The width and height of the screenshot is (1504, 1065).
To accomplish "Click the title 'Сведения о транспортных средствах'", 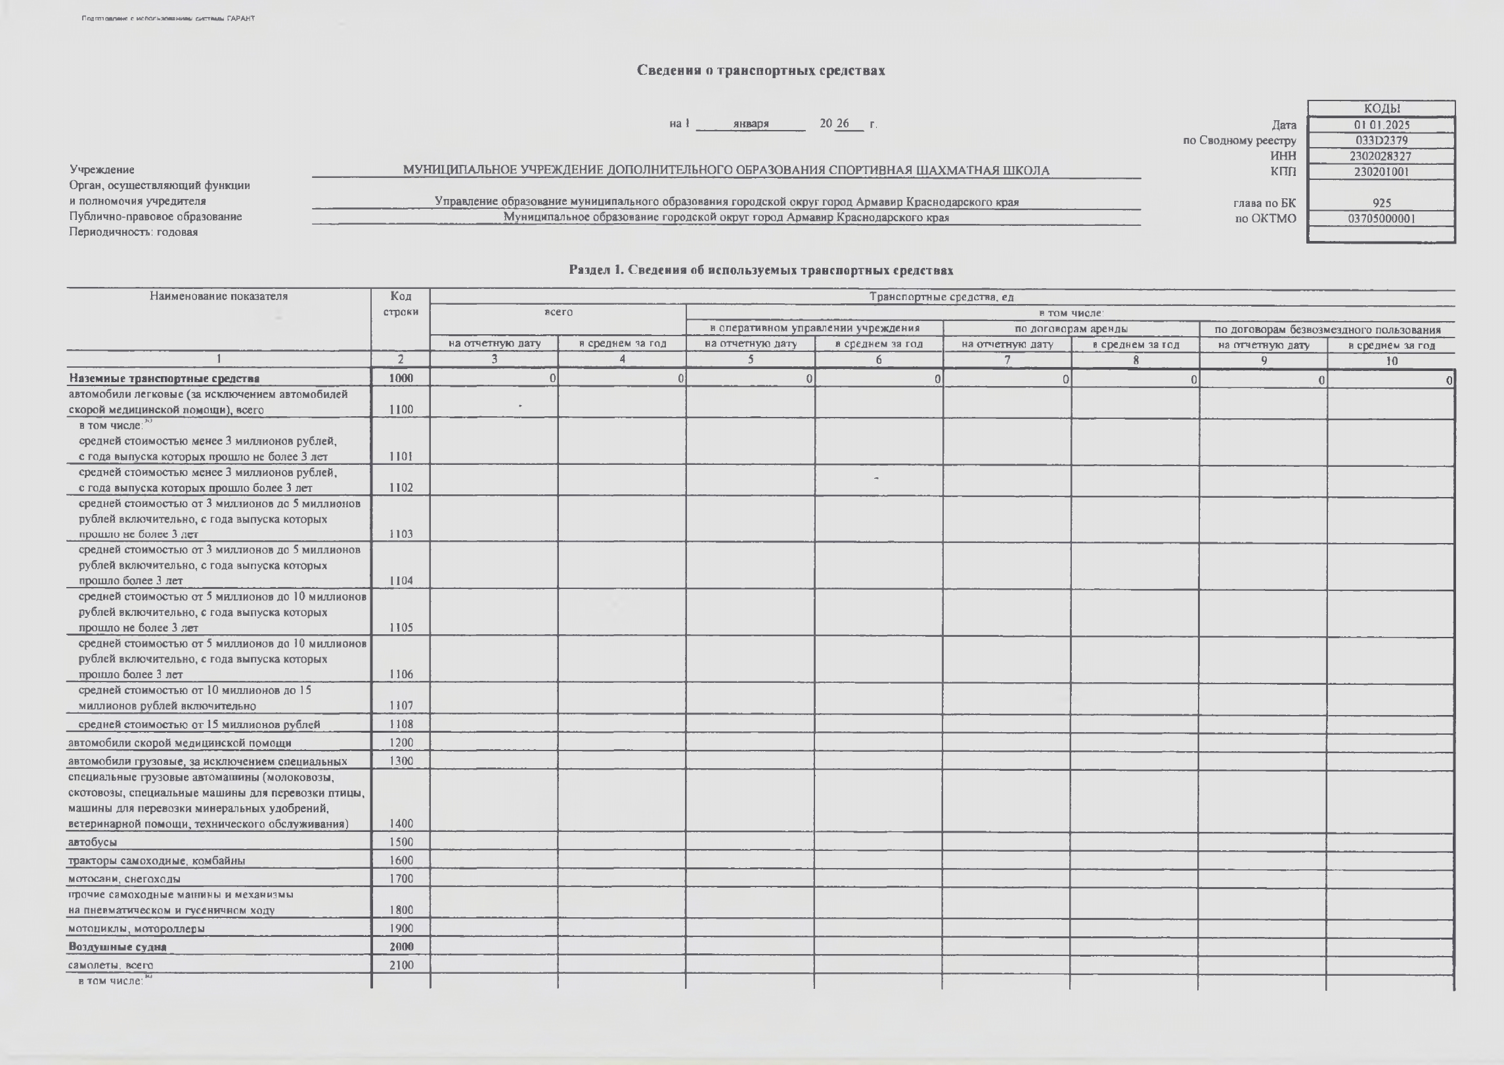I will (761, 71).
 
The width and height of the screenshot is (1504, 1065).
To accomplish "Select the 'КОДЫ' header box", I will (1381, 109).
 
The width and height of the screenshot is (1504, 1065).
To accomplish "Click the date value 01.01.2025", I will (1381, 125).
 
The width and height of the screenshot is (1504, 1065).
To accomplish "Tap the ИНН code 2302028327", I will (1381, 156).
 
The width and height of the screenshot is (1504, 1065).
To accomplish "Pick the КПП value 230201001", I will (1381, 172).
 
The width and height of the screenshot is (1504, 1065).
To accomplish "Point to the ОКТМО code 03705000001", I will (1381, 219).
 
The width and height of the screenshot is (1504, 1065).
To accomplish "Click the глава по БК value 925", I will (1381, 203).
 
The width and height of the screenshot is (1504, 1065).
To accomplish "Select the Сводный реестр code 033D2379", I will (1381, 141).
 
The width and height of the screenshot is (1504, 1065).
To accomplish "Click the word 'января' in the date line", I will (751, 124).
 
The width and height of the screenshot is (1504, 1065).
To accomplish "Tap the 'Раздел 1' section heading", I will (761, 271).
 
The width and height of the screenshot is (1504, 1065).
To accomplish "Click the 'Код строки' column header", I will (401, 304).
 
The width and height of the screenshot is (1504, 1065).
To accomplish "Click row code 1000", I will (401, 378).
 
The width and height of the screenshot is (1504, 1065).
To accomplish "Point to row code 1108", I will (401, 724).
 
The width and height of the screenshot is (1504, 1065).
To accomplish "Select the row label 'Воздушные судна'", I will (118, 947).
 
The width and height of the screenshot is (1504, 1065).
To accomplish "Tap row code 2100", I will (401, 965).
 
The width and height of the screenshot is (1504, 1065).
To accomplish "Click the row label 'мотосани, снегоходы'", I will (124, 879).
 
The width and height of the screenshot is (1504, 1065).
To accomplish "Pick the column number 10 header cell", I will (1391, 360).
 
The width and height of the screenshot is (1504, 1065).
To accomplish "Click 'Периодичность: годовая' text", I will (133, 232).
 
